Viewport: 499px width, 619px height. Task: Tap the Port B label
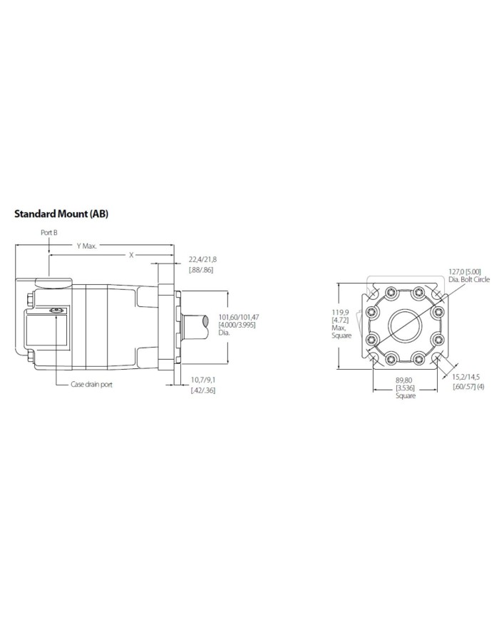pyautogui.click(x=48, y=233)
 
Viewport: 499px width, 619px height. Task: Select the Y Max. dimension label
pyautogui.click(x=88, y=246)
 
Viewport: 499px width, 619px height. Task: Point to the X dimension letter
pyautogui.click(x=130, y=254)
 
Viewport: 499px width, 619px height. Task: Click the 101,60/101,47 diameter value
pyautogui.click(x=239, y=317)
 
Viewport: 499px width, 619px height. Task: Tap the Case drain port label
pyautogui.click(x=91, y=384)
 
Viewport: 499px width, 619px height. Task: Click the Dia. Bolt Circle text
pyautogui.click(x=469, y=279)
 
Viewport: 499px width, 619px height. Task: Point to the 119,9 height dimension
pyautogui.click(x=341, y=313)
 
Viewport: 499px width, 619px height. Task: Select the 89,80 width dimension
pyautogui.click(x=405, y=380)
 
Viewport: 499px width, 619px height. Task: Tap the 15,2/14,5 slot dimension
pyautogui.click(x=468, y=378)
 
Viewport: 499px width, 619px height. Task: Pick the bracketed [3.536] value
pyautogui.click(x=405, y=387)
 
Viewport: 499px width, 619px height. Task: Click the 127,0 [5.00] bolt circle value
pyautogui.click(x=464, y=271)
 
